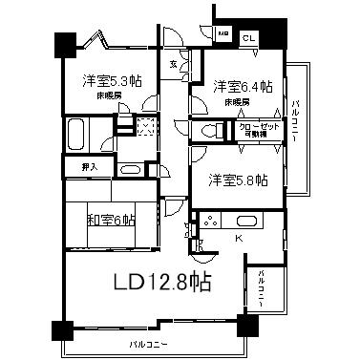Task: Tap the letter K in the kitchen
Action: point(240,236)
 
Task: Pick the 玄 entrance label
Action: point(173,65)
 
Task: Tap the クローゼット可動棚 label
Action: point(259,130)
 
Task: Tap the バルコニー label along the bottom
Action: point(150,343)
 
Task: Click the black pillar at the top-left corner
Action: point(64,43)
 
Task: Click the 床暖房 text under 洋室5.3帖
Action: point(107,97)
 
